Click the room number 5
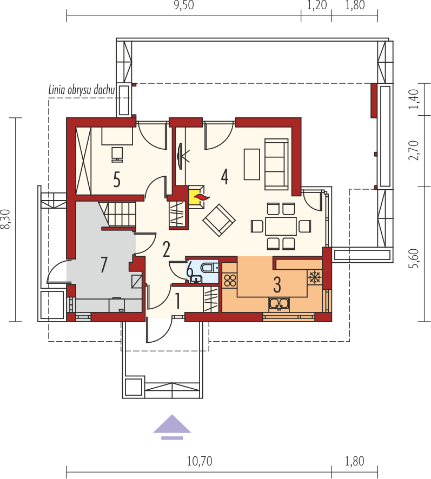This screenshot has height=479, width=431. pos(117,179)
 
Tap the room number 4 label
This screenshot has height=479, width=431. pos(224,176)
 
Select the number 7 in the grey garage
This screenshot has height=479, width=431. pos(104,264)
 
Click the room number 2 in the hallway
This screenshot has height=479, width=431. pos(166,248)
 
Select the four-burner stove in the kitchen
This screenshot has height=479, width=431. pos(230,280)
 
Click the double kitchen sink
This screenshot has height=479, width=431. pos(279,304)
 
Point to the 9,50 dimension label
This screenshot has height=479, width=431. pos(183,6)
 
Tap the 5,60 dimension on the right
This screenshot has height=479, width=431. pos(414,256)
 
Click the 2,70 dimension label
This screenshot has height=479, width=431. pos(414,150)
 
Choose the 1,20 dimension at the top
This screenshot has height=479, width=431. pos(316,6)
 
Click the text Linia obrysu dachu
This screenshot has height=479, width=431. pos(81,90)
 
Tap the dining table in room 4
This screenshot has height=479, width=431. pos(281,225)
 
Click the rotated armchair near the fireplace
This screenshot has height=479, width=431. pos(218,220)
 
